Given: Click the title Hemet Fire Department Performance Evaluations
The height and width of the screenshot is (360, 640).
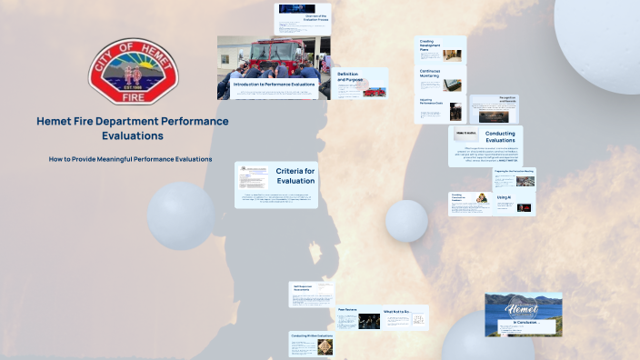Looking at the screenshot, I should coord(133,128).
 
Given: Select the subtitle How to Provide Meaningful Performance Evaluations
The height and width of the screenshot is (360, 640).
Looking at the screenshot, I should coord(131,159).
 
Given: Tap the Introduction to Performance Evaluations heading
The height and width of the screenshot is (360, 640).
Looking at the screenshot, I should coord(274,84).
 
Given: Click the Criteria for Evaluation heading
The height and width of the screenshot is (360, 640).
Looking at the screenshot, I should coord(295,175).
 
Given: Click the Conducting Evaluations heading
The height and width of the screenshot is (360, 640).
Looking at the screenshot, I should coord(500,137).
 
